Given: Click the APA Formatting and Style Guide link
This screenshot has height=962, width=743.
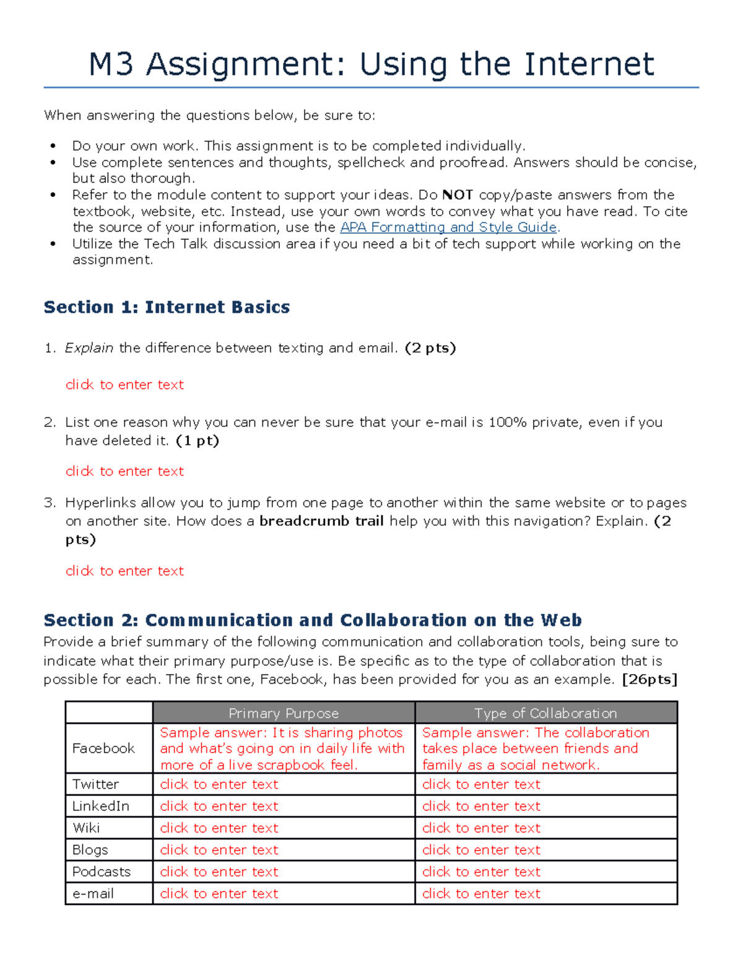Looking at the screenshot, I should [449, 227].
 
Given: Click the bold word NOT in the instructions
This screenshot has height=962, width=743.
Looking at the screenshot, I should [458, 195].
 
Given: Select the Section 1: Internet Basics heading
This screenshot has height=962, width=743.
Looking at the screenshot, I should [167, 307].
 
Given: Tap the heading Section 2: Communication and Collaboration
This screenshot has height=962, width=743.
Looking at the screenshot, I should [313, 620].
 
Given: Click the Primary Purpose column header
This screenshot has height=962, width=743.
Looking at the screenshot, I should [284, 713].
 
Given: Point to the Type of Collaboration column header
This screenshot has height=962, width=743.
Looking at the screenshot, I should [545, 713].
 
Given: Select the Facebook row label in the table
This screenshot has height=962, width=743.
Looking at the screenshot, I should [103, 748].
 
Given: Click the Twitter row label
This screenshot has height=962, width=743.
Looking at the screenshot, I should [95, 784].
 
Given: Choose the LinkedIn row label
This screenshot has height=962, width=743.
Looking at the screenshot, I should [100, 806].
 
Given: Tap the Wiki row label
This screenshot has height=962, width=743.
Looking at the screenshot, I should [86, 828].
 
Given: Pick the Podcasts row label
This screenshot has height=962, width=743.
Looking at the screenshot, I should [102, 872].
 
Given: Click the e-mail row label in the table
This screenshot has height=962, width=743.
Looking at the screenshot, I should [93, 893].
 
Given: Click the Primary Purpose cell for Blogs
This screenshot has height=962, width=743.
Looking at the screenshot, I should [219, 850].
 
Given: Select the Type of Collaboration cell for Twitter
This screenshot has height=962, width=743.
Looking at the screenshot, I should [481, 784].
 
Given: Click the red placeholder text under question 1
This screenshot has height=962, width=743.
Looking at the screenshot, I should [124, 385].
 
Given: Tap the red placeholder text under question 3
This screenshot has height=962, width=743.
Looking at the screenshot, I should [124, 571].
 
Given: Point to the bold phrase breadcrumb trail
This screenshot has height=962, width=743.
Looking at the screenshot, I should [321, 521].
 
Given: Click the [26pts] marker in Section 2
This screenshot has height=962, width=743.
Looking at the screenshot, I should [650, 680].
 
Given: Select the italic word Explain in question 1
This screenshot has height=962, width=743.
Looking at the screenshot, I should [89, 348].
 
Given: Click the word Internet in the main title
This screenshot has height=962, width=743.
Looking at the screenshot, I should [589, 64].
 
